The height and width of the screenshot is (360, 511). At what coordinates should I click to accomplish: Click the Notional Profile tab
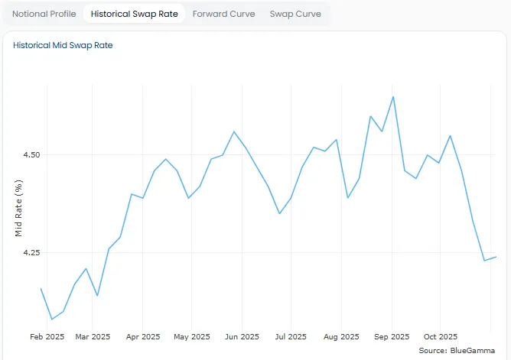44,14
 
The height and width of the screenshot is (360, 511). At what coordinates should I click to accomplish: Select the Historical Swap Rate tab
134,14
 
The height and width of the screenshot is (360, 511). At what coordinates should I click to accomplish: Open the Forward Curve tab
223,14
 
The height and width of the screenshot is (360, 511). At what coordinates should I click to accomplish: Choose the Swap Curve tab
295,14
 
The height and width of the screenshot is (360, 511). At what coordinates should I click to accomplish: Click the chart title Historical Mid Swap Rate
63,45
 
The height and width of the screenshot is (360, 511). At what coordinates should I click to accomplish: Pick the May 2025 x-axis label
190,336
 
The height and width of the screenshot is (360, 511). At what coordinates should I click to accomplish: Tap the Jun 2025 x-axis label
241,336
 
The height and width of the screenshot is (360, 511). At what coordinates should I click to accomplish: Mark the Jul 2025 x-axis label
290,336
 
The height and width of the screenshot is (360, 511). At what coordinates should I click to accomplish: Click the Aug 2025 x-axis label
340,336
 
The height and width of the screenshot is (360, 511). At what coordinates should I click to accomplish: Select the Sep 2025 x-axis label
391,336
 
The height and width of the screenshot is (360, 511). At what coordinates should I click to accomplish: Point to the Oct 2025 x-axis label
440,336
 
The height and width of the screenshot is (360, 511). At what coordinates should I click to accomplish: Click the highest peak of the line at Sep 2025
393,97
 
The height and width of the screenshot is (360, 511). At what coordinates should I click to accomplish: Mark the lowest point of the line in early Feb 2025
52,319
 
